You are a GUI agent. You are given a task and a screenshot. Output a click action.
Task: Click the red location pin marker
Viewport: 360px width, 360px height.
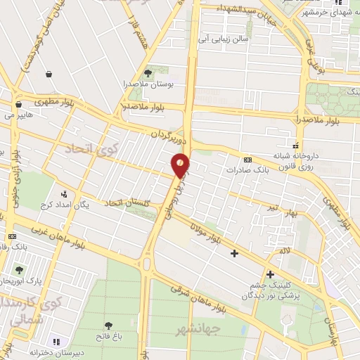pyautogui.click(x=181, y=167)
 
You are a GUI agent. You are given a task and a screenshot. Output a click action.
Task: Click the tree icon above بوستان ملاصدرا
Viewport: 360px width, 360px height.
pyautogui.click(x=148, y=72)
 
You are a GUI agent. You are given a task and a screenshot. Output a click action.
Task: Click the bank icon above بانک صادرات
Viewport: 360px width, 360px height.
pyautogui.click(x=246, y=159)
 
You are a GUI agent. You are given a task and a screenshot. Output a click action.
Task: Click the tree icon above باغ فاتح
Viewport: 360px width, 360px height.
pyautogui.click(x=108, y=325)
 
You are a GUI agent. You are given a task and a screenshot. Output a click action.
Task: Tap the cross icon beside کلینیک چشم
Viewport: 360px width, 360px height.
pyautogui.click(x=270, y=274)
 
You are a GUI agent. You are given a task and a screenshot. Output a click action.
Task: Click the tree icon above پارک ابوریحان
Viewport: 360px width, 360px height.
pyautogui.click(x=20, y=270)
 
